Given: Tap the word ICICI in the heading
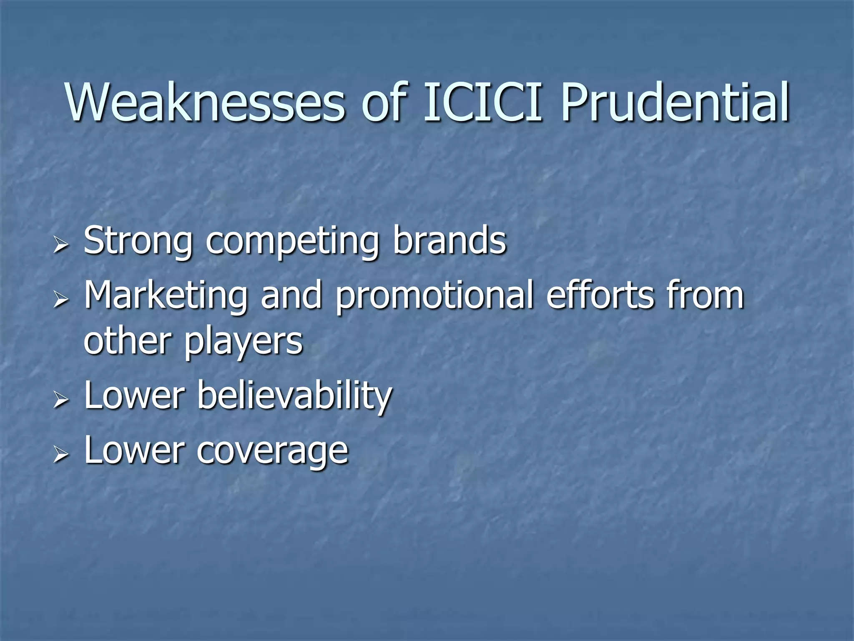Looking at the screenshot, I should coord(483,102).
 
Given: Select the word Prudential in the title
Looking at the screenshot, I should coord(674,102).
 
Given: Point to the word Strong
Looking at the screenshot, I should coord(138,241).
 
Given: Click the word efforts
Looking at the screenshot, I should coord(600,295).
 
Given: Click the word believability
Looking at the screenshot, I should coord(294,396).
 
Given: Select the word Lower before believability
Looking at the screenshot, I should coord(134,396).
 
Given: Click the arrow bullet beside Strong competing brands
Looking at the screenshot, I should coord(61,245).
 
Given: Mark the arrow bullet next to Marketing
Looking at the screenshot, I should coord(61,299).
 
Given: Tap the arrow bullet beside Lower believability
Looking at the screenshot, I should coord(61,400).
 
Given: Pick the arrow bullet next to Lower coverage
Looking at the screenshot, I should coord(61,455).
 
